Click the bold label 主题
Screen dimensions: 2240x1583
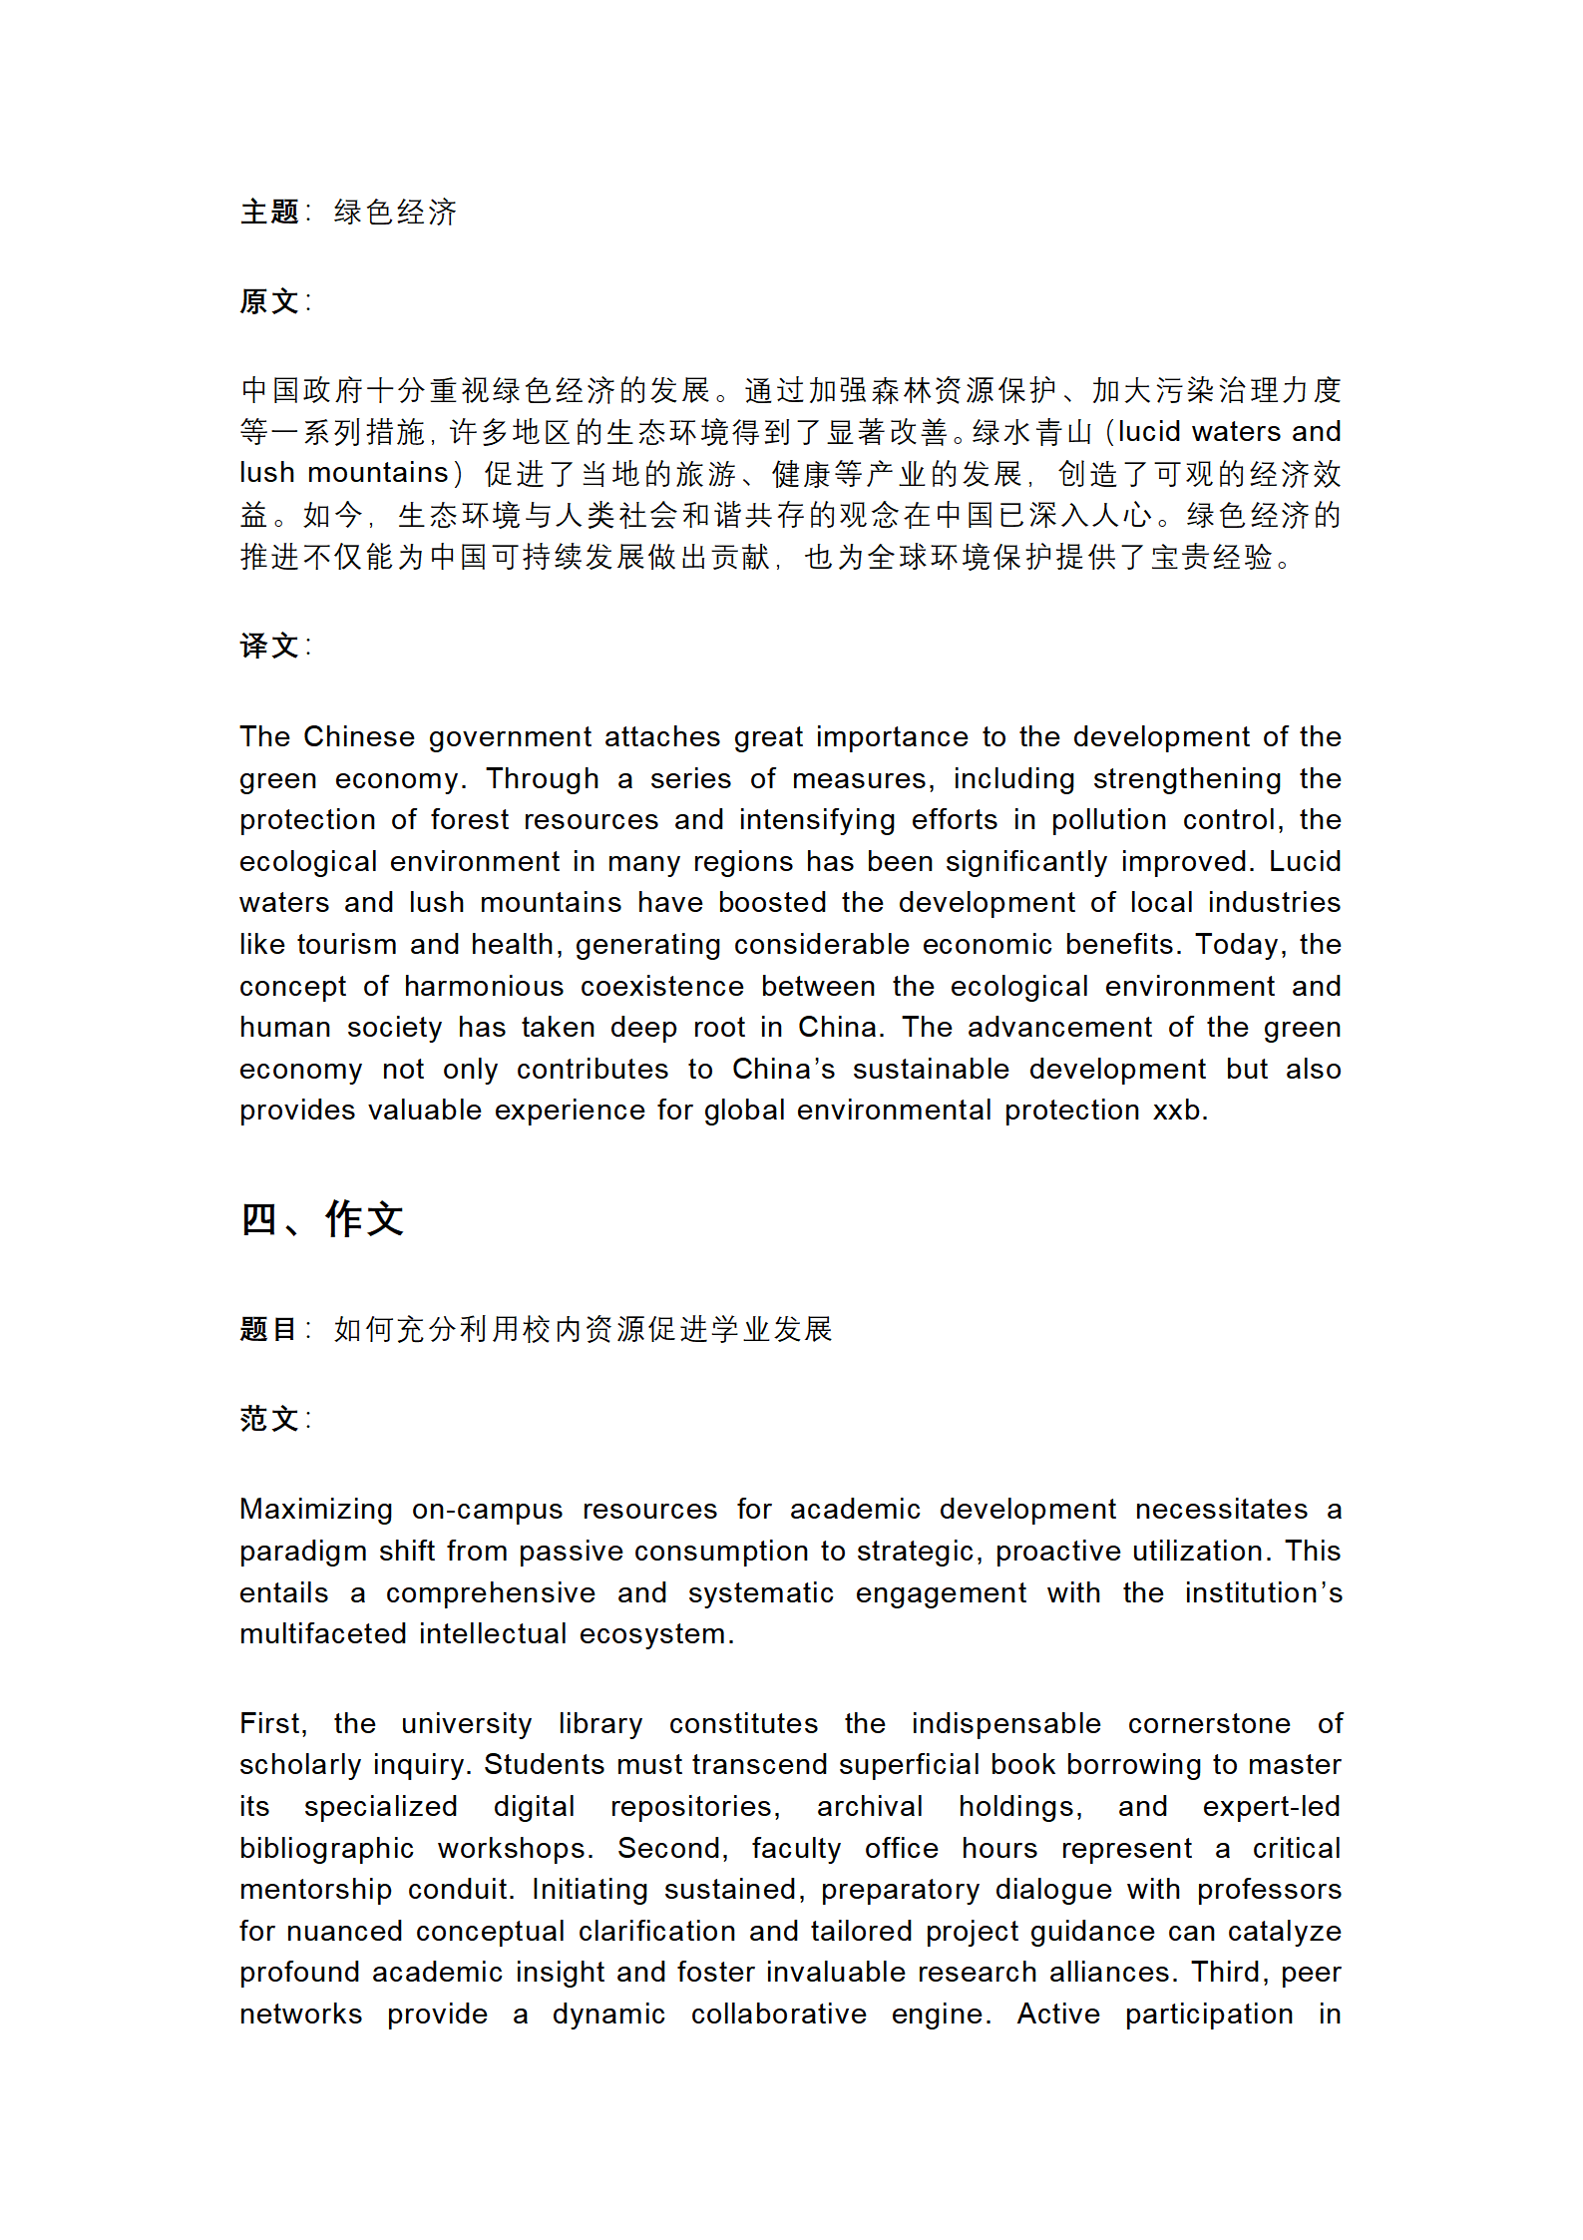point(269,213)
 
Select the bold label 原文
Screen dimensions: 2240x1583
point(269,301)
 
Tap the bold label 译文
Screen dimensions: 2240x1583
point(269,646)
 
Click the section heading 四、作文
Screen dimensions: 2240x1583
point(321,1219)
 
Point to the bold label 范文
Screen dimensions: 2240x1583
point(269,1419)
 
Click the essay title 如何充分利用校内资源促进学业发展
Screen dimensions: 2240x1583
point(583,1329)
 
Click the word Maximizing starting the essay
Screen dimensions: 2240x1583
point(315,1510)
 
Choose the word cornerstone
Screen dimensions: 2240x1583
point(1209,1724)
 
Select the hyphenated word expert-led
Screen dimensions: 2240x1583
point(1271,1807)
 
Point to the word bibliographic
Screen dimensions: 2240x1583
point(326,1849)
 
